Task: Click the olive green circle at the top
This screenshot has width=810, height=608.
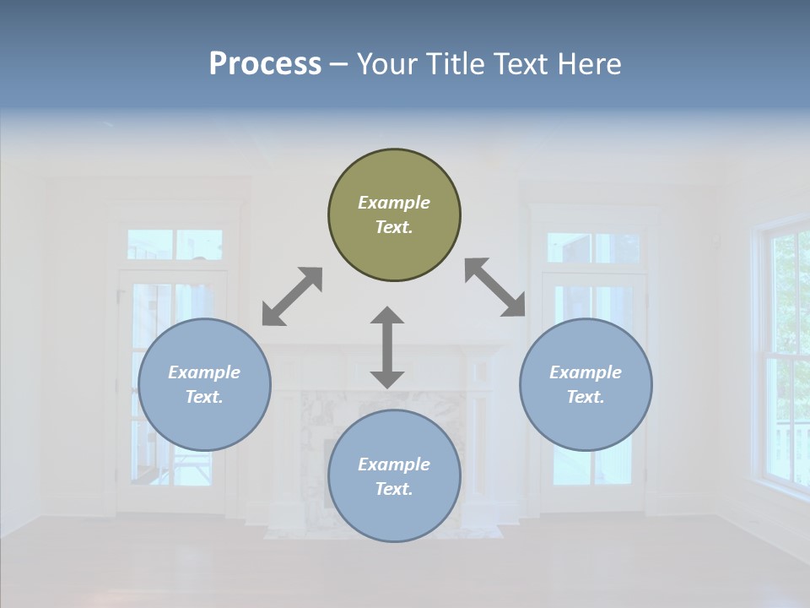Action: tap(394, 215)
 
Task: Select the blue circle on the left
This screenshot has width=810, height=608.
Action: tap(204, 384)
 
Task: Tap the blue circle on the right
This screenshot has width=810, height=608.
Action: tap(586, 384)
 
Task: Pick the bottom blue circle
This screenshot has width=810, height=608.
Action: tap(394, 476)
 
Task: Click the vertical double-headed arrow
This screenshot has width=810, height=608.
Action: tap(387, 347)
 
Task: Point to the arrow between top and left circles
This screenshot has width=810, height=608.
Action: tap(292, 296)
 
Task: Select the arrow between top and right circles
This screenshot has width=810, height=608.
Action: tap(495, 287)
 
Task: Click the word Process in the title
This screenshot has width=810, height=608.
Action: tap(265, 63)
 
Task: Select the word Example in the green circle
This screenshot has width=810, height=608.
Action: tap(394, 203)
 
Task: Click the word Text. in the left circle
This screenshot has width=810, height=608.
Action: tap(204, 397)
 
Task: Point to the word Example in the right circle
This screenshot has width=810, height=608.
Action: tap(586, 372)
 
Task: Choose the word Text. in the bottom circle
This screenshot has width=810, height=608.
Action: tap(394, 489)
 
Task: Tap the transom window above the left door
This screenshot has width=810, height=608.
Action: tap(175, 245)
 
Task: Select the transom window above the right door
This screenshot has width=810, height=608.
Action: tap(593, 247)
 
